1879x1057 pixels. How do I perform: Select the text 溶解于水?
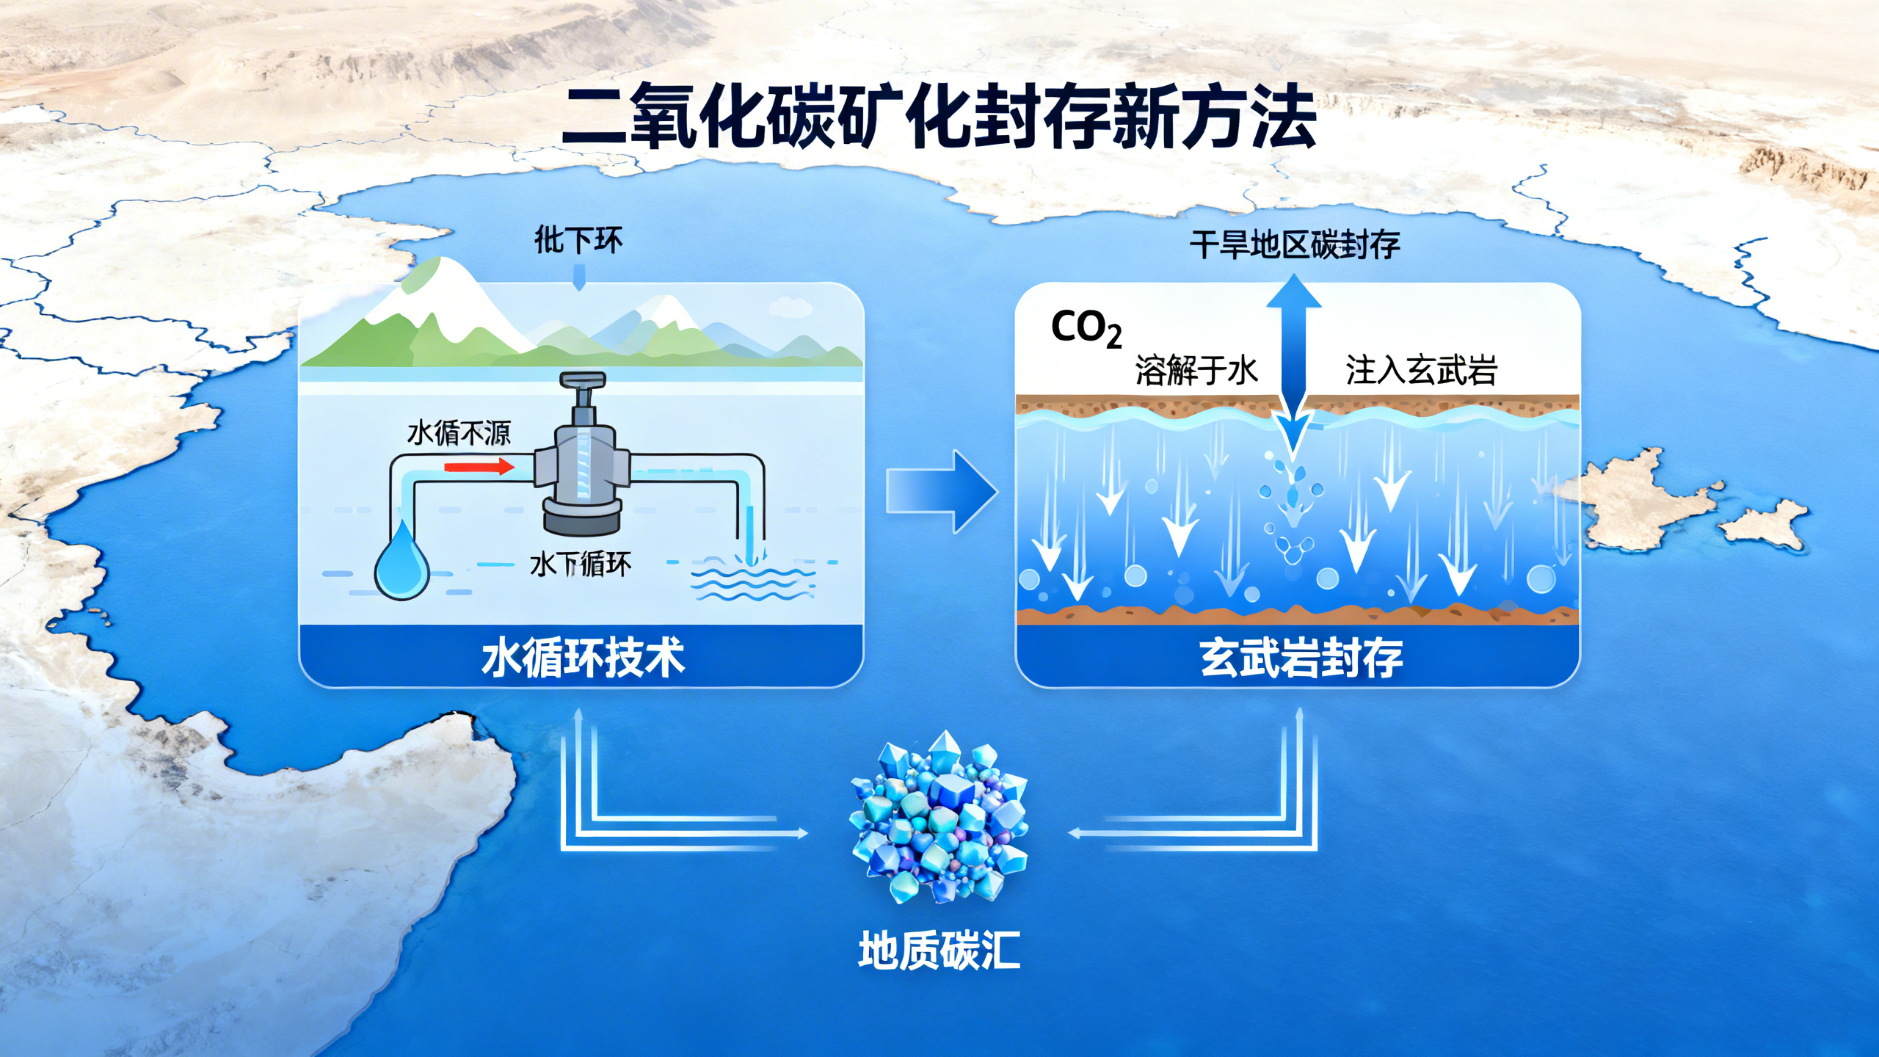point(1196,370)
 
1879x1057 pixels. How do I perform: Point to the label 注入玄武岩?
point(1421,370)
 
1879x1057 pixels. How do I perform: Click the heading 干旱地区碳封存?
point(1295,244)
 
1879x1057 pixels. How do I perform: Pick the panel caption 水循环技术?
point(583,658)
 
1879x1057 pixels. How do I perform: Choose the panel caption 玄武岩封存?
point(1301,658)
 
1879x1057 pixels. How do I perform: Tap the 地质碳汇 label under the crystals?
point(939,951)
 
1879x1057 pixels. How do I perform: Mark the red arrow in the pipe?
point(479,466)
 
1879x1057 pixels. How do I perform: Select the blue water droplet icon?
point(401,561)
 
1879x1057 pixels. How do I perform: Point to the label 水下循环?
point(580,564)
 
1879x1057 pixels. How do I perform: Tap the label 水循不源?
point(459,433)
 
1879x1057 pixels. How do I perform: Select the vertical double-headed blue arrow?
point(1293,367)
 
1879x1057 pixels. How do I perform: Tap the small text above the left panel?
point(578,240)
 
